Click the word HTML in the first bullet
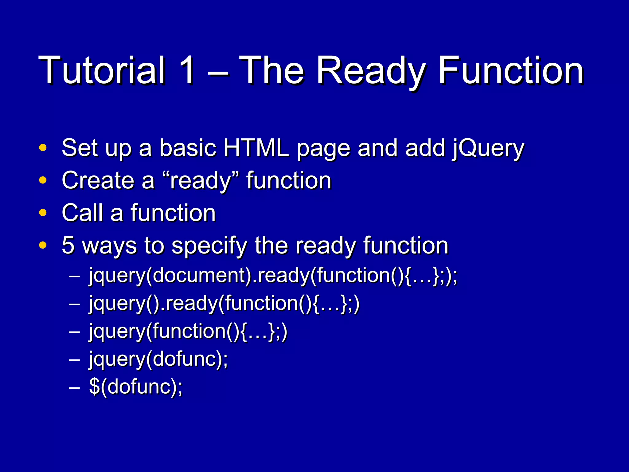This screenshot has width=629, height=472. [256, 148]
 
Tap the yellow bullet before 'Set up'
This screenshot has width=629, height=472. [43, 148]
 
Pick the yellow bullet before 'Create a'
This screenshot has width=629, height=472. [43, 180]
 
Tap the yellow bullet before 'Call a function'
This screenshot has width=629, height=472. [43, 213]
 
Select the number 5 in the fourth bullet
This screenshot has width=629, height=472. [68, 245]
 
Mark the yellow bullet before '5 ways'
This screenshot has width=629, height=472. [43, 245]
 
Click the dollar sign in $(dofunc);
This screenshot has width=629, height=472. [94, 387]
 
